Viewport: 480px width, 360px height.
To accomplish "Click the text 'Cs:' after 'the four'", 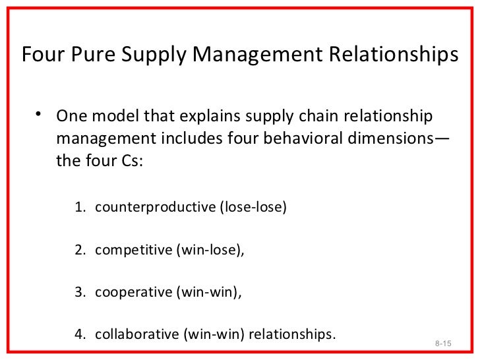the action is pos(129,162).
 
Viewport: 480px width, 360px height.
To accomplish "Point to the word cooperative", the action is pos(133,290).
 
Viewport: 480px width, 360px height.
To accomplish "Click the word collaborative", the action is pos(135,331).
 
